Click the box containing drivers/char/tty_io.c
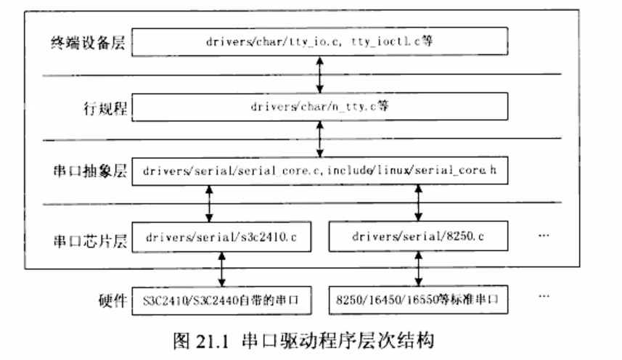pyautogui.click(x=320, y=41)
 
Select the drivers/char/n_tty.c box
pyautogui.click(x=320, y=106)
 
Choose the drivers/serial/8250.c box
pyautogui.click(x=418, y=237)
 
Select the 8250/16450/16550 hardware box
pyautogui.click(x=418, y=299)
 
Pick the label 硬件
pyautogui.click(x=111, y=300)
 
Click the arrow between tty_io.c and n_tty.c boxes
pyautogui.click(x=320, y=73)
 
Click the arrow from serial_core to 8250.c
pyautogui.click(x=418, y=204)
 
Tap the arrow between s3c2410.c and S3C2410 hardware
pyautogui.click(x=223, y=268)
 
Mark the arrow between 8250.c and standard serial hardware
pyautogui.click(x=418, y=268)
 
